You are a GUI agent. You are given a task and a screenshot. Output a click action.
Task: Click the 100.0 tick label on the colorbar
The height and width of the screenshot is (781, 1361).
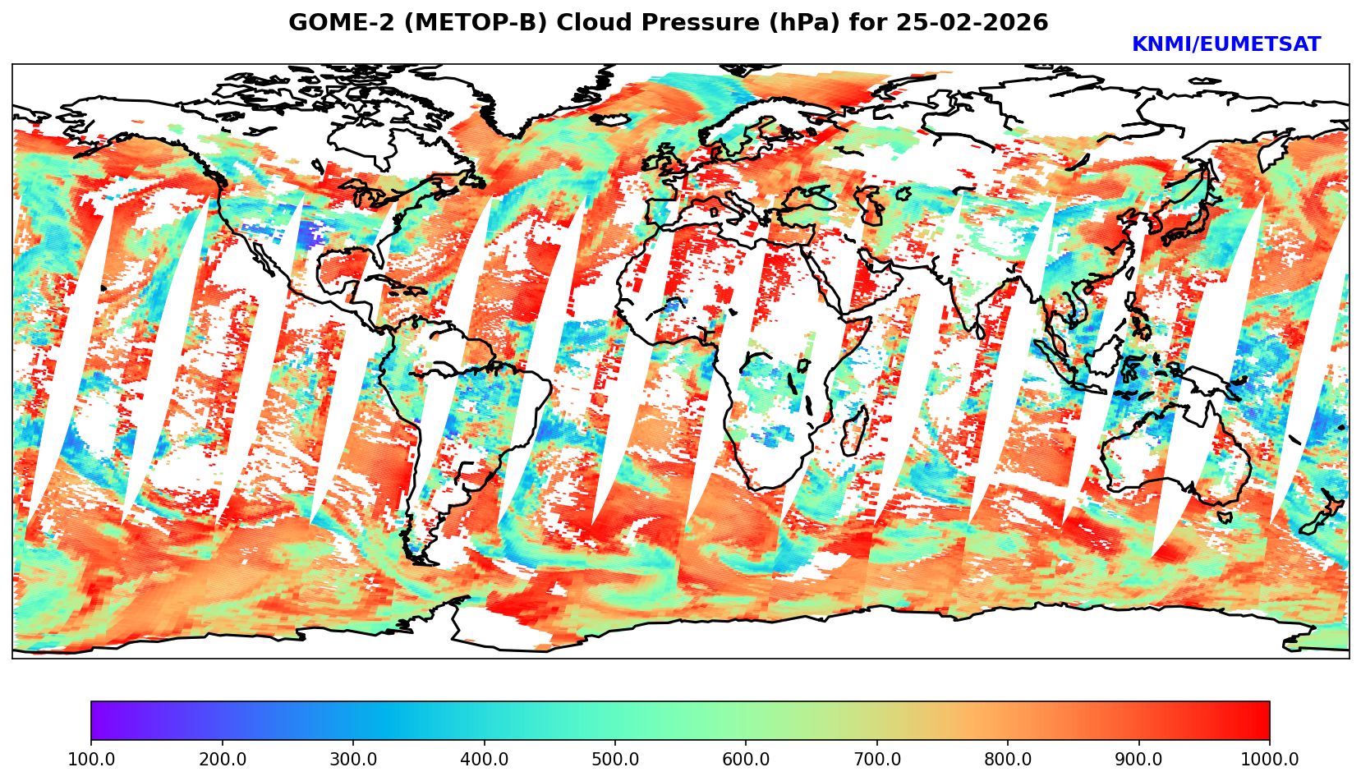click(91, 759)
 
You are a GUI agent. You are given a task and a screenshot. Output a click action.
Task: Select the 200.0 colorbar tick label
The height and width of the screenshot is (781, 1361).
click(222, 759)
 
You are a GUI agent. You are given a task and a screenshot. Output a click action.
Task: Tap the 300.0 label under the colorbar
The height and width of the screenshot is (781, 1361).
click(353, 759)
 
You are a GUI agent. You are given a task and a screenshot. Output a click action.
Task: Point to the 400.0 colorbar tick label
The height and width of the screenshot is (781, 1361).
click(484, 759)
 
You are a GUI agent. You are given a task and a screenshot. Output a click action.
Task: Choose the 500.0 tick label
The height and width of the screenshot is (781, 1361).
click(615, 759)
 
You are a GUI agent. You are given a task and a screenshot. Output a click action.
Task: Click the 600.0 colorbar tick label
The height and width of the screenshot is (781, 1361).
click(746, 759)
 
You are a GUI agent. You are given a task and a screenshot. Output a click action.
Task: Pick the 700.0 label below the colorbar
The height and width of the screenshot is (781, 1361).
click(877, 759)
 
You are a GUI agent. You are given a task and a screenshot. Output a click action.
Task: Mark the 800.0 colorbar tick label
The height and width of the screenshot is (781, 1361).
click(1008, 759)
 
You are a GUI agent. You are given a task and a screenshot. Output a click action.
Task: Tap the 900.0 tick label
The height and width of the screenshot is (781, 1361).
click(1139, 759)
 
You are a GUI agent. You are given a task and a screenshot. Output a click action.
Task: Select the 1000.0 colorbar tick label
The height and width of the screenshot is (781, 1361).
click(1270, 759)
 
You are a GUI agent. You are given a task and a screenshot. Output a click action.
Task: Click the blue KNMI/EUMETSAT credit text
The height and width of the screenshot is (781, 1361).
click(1225, 45)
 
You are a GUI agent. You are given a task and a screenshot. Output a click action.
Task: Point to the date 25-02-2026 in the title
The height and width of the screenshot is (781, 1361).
click(972, 23)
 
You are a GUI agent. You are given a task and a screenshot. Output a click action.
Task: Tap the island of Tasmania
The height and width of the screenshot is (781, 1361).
click(1225, 517)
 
